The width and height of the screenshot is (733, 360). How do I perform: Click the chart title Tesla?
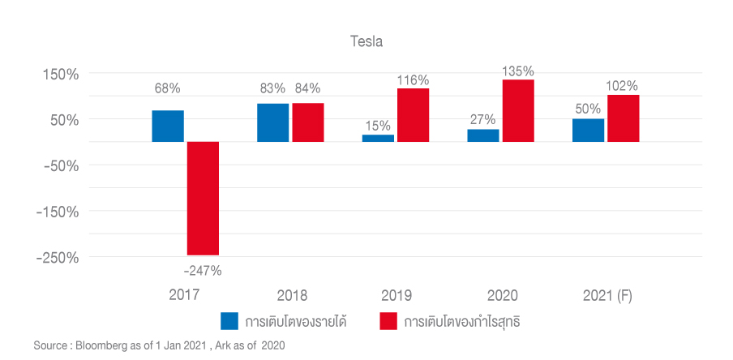tap(366, 41)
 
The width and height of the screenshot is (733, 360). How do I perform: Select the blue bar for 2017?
tap(168, 126)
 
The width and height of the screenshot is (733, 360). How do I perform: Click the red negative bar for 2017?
tap(203, 198)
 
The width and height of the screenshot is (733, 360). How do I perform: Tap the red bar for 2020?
tap(518, 110)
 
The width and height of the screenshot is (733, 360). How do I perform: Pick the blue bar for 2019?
tap(378, 138)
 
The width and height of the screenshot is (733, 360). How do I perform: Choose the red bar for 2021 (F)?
tap(623, 118)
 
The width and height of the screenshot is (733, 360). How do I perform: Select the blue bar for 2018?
tap(272, 122)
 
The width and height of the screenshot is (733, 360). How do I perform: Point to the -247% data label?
tap(202, 271)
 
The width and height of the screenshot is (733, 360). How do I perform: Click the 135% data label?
tap(518, 71)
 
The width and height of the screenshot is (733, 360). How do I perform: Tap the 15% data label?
tap(378, 126)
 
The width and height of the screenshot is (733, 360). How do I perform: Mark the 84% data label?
tap(307, 88)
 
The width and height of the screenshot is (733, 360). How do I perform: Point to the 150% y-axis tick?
tap(61, 74)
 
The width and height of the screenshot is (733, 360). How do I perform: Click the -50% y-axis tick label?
tap(58, 165)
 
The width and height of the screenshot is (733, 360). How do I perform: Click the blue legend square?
tap(229, 321)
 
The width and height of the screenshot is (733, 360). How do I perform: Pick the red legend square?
tap(388, 321)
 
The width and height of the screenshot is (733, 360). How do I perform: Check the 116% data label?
tap(413, 79)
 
